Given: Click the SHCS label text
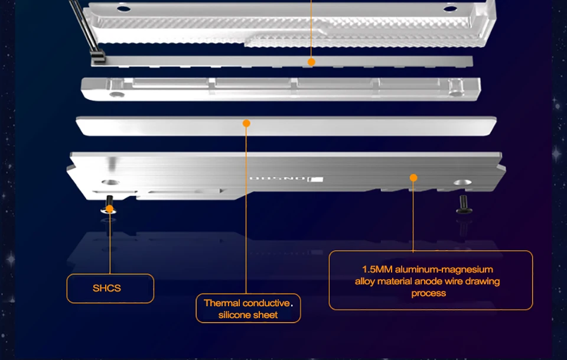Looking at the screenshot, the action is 107,288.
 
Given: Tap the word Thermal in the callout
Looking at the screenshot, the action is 222,303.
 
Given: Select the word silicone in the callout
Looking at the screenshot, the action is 236,315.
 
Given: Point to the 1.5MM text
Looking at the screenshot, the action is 377,270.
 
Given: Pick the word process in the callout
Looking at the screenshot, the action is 429,293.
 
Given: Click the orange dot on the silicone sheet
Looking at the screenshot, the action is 247,123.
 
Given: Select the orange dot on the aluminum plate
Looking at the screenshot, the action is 413,178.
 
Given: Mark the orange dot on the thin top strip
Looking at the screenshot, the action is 311,61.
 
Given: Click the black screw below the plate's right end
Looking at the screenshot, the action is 462,207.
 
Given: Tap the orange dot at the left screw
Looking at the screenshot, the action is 110,209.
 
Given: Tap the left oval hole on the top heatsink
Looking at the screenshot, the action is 123,9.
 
